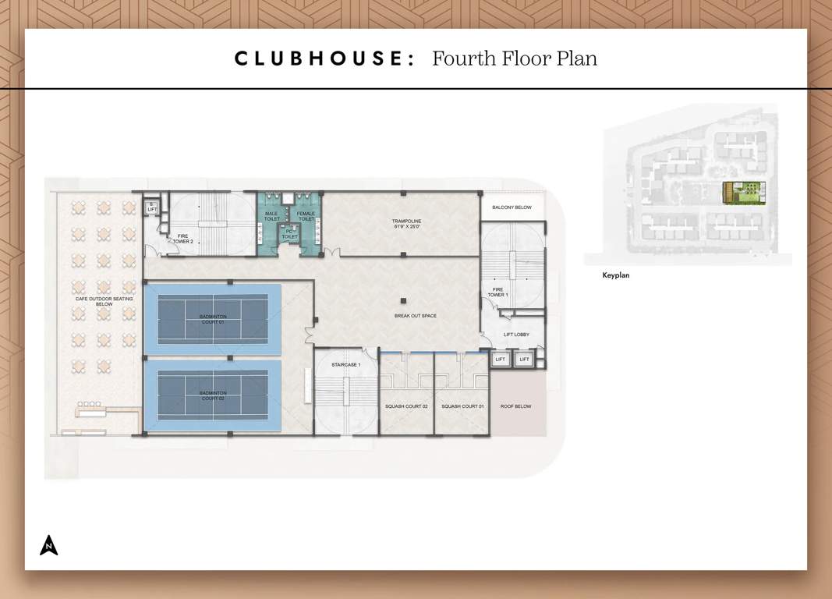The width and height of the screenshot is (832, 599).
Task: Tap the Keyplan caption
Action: [x=615, y=275]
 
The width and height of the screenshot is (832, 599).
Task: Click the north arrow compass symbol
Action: [x=49, y=545]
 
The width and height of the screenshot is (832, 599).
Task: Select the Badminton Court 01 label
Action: [x=213, y=318]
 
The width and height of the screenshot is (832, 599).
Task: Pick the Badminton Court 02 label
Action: [x=213, y=395]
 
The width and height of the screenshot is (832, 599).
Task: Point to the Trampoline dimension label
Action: [x=406, y=224]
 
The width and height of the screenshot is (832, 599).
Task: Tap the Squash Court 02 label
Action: [x=406, y=406]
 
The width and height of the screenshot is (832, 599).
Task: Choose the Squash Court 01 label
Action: [x=462, y=406]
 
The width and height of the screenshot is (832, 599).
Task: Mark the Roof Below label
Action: [x=515, y=406]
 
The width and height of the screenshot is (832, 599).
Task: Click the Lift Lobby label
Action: [x=516, y=335]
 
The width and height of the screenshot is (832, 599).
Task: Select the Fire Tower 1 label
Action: [x=497, y=292]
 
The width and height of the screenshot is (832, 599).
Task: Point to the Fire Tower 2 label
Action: [x=183, y=239]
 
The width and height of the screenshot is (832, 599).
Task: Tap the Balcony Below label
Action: [x=512, y=207]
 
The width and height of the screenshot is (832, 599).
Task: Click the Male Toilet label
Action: [x=271, y=216]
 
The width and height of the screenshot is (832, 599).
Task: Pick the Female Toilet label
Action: [x=306, y=216]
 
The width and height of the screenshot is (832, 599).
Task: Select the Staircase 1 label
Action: [x=346, y=365]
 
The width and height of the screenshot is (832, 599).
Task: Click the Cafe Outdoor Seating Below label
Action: [x=94, y=301]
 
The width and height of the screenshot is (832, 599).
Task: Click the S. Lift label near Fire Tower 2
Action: [x=152, y=206]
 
